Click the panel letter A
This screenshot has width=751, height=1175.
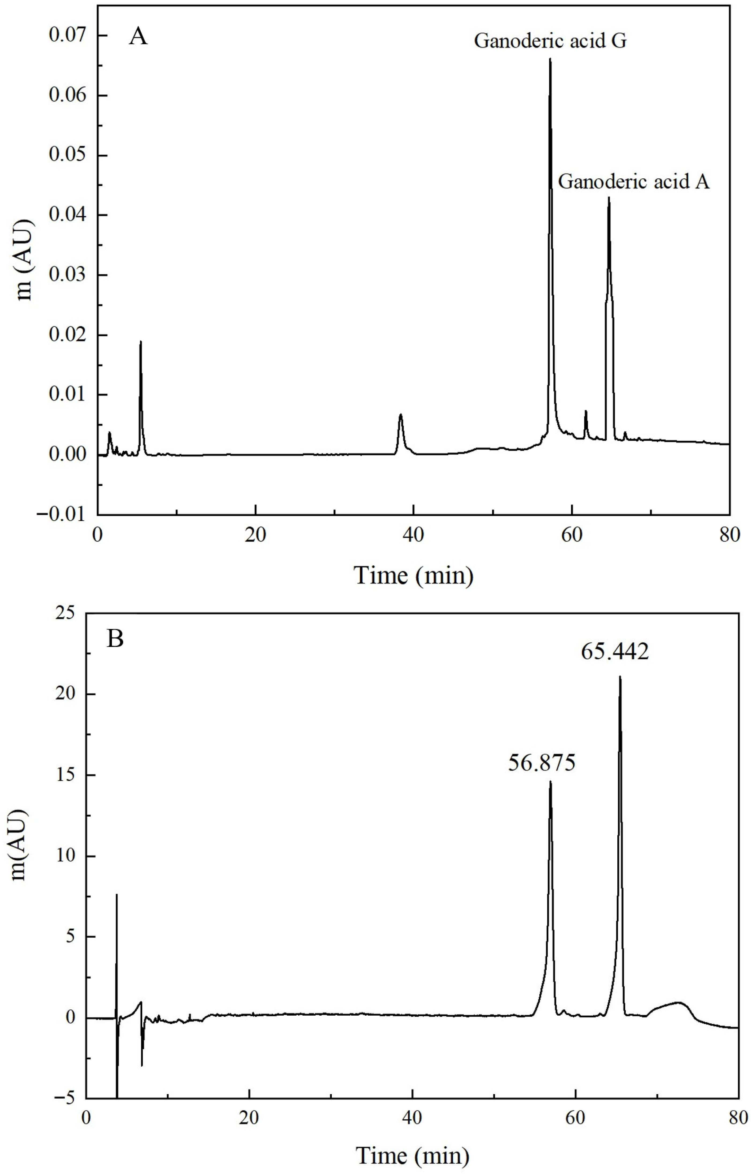tap(138, 36)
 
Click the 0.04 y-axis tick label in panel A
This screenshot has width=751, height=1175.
tap(67, 215)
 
